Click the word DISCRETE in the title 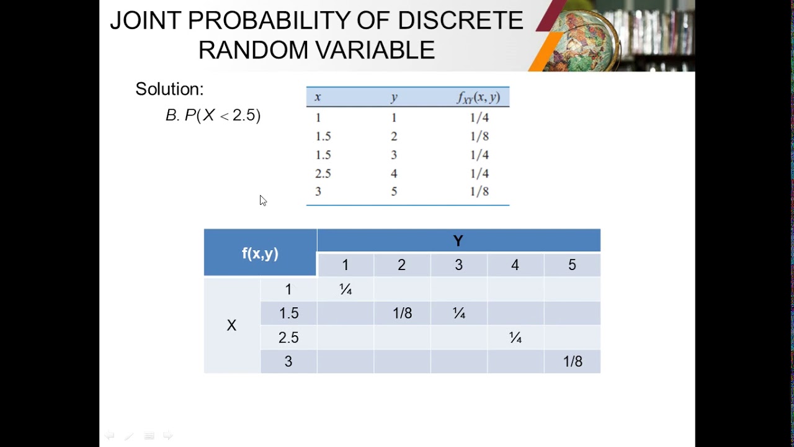pos(460,21)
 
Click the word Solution pos(169,89)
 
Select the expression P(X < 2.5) pos(222,115)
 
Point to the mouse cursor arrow pos(263,200)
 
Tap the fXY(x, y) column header pos(478,97)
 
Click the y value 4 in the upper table pos(394,174)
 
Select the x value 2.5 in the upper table pos(323,174)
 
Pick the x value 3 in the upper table pos(318,192)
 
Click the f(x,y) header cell pos(260,253)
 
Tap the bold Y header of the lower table pos(458,241)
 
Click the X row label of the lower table pos(231,326)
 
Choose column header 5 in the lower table pos(572,265)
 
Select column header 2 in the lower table pos(401,265)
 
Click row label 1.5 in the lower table pos(288,314)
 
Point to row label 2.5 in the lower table pos(288,338)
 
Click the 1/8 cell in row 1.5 pos(402,314)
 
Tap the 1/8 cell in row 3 pos(572,362)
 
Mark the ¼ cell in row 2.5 pos(515,338)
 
